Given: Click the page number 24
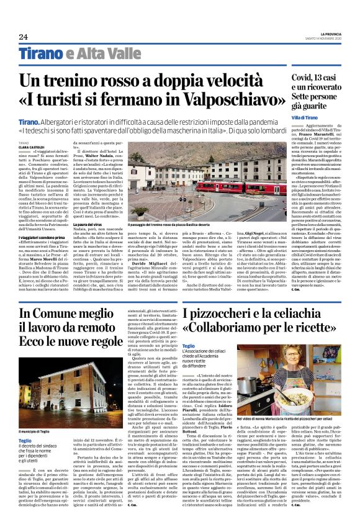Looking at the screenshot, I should click(x=23, y=37).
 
